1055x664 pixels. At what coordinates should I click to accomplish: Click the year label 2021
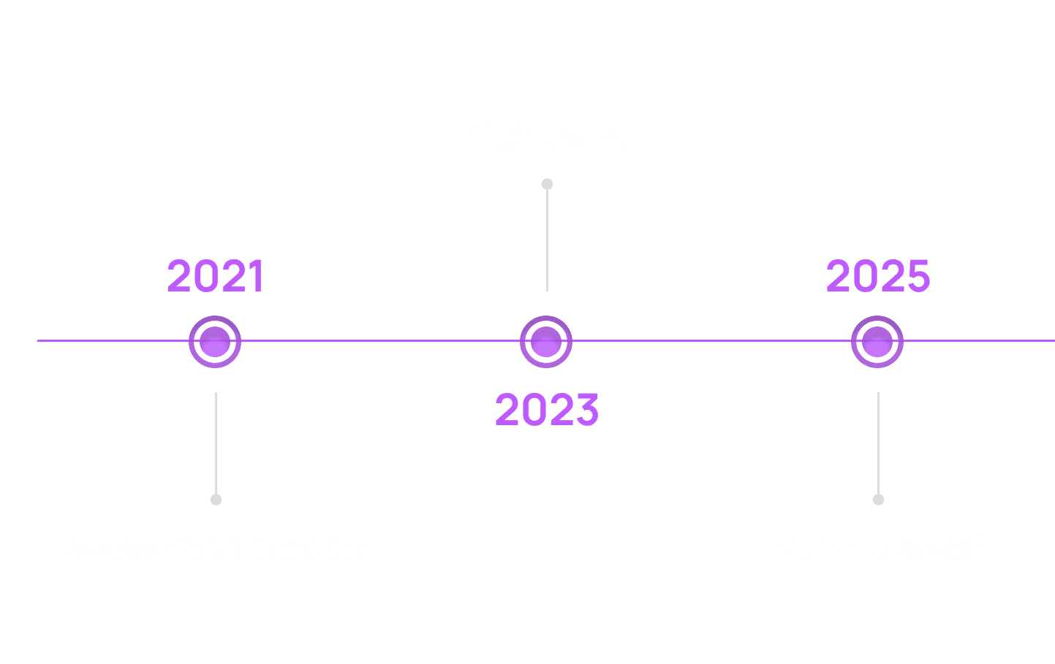click(215, 276)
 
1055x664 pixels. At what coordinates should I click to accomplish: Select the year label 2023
click(547, 410)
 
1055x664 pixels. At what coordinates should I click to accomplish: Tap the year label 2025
click(877, 276)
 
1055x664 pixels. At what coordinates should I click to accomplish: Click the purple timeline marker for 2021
click(215, 341)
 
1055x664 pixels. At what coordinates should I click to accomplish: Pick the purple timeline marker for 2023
click(546, 341)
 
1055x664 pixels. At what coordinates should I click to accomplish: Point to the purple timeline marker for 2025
click(877, 341)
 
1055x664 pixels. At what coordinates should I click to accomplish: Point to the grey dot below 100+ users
click(547, 184)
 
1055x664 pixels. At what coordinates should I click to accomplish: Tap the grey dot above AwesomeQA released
click(216, 500)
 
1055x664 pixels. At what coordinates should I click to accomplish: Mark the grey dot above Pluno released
click(878, 500)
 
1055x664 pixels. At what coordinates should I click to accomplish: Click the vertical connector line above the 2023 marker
click(547, 241)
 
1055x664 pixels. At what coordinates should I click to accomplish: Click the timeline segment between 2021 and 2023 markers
click(380, 340)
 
